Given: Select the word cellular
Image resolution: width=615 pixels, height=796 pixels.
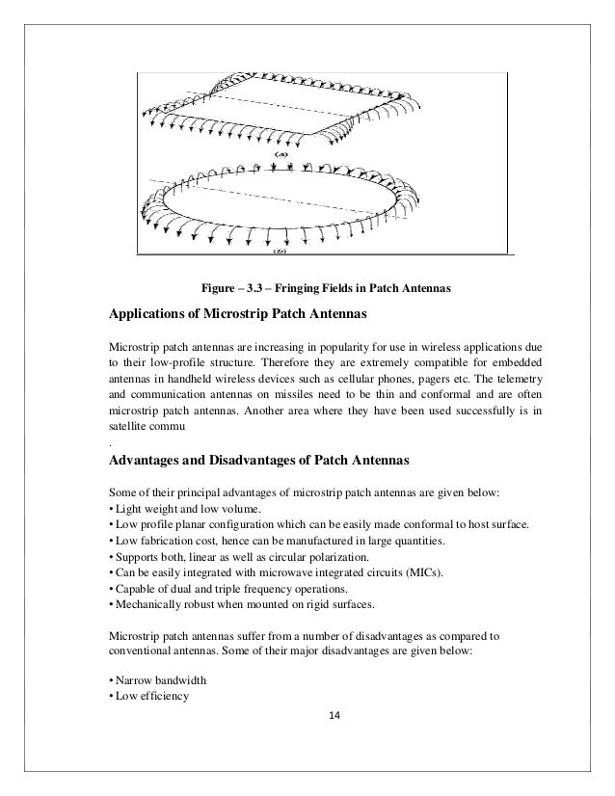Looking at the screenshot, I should tap(341, 379).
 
